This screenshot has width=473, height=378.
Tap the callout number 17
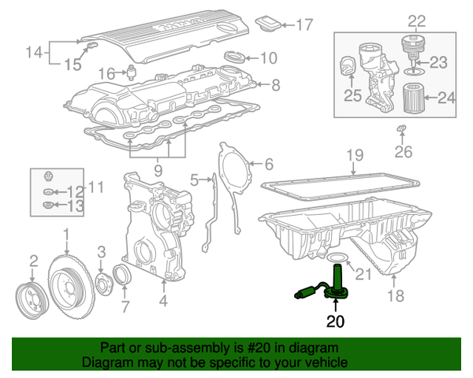pyautogui.click(x=304, y=24)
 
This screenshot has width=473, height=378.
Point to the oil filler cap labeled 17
pyautogui.click(x=270, y=21)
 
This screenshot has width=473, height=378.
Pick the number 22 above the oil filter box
pyautogui.click(x=416, y=20)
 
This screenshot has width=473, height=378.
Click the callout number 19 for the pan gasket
pyautogui.click(x=354, y=155)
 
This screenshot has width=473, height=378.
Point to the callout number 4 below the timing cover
pyautogui.click(x=163, y=299)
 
